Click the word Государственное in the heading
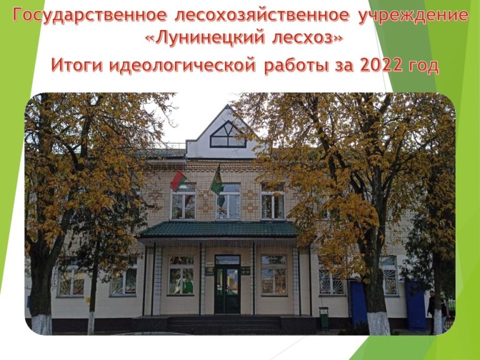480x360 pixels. pyautogui.click(x=90, y=16)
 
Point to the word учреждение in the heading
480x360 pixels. pyautogui.click(x=413, y=16)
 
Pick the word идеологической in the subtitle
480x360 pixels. pyautogui.click(x=182, y=66)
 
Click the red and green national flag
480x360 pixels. pyautogui.click(x=178, y=181)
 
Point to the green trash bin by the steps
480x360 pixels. pyautogui.click(x=324, y=317)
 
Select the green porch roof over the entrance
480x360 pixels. pyautogui.click(x=219, y=229)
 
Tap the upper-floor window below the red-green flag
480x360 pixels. pyautogui.click(x=183, y=205)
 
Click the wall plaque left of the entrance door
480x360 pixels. pyautogui.click(x=209, y=271)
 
